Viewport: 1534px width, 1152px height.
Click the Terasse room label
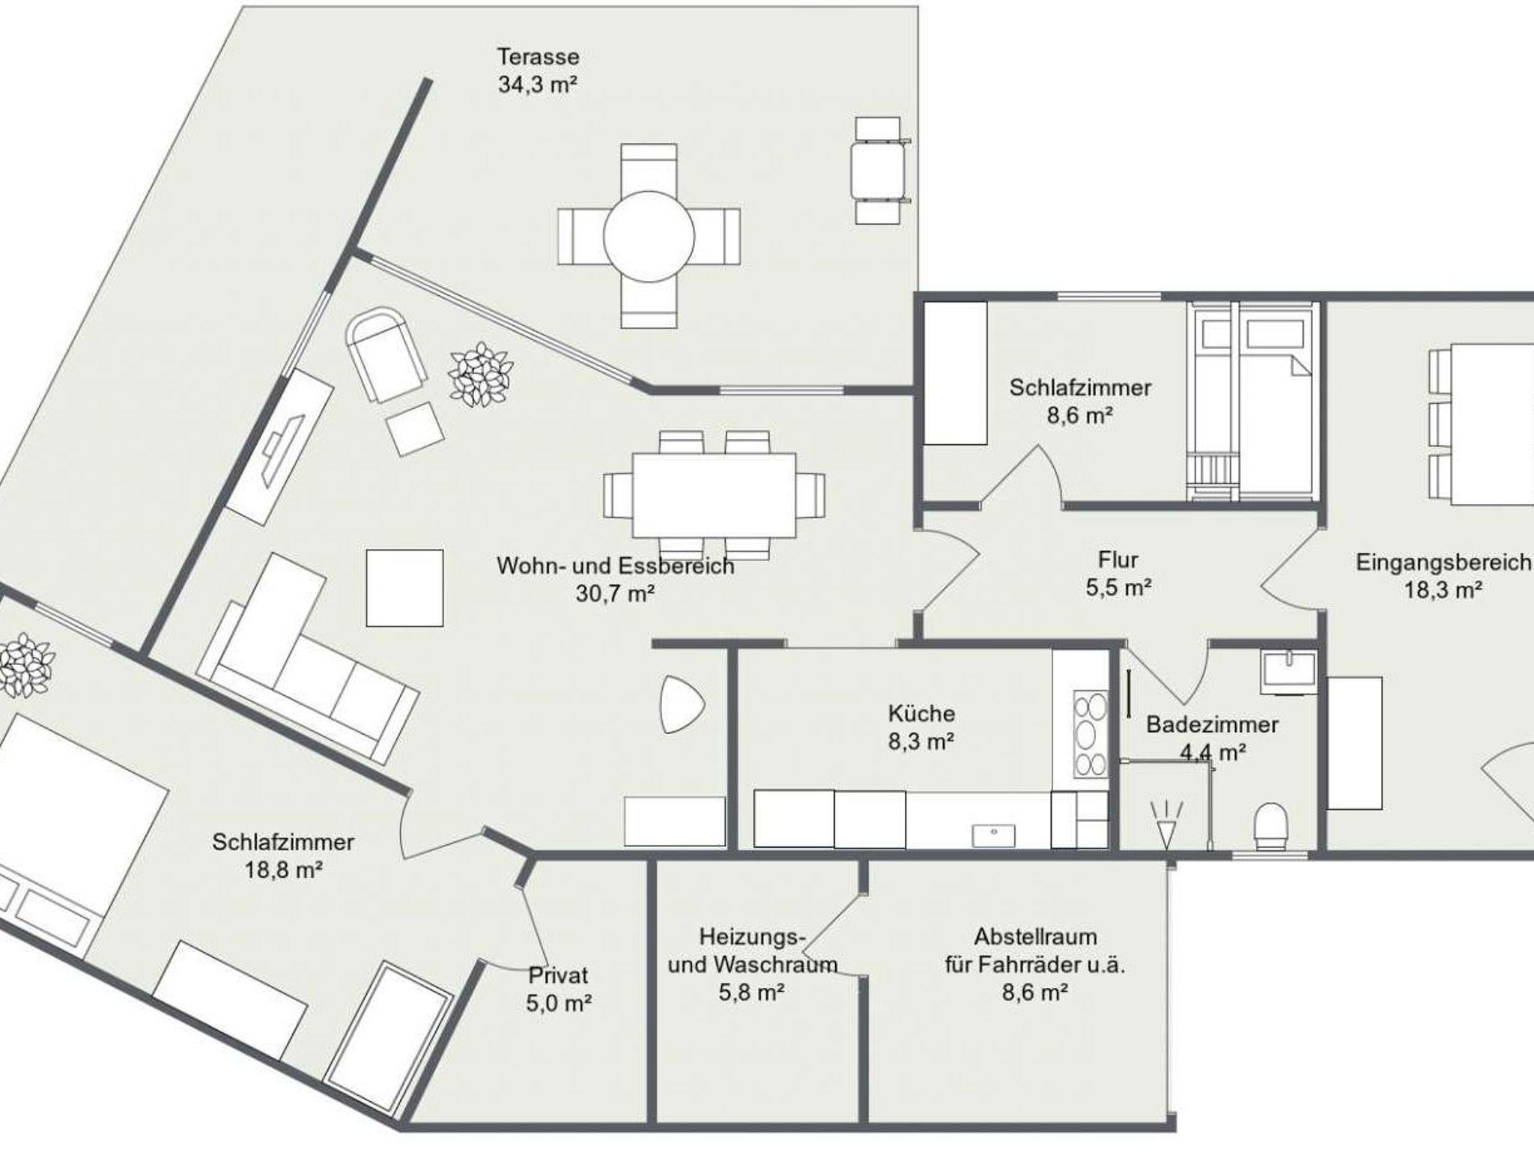(539, 57)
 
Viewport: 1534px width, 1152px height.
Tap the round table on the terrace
(649, 236)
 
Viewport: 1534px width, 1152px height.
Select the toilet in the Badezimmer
(1270, 826)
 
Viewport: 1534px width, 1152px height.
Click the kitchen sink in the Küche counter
(993, 835)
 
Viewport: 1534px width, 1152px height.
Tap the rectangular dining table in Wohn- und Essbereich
(714, 494)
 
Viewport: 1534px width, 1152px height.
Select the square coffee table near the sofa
(404, 588)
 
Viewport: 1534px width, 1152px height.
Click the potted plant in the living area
(480, 375)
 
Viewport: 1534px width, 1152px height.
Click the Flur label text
(1118, 560)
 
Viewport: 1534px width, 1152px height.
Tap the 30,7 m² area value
(615, 594)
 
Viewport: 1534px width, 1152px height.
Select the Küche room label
(921, 713)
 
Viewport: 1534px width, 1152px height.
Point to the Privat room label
(559, 975)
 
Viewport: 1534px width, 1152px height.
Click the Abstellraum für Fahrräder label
(1035, 951)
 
